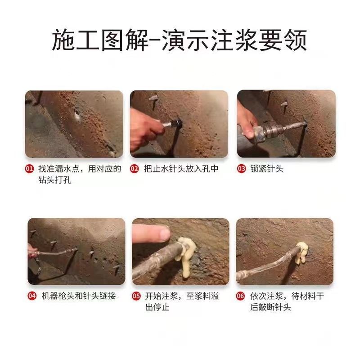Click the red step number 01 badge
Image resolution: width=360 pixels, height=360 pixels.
pyautogui.click(x=29, y=169)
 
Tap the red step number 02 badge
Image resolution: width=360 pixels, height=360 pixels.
pyautogui.click(x=134, y=169)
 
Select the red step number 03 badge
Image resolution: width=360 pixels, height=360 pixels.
pyautogui.click(x=241, y=169)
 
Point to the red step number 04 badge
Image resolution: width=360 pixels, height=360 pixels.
pyautogui.click(x=31, y=297)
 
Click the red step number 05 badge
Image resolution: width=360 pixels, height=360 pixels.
pyautogui.click(x=136, y=297)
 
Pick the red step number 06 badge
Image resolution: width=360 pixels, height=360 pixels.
pyautogui.click(x=241, y=297)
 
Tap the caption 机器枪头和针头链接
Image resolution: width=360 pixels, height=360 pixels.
pyautogui.click(x=78, y=297)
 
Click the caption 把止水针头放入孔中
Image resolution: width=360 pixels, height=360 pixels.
pyautogui.click(x=181, y=169)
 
